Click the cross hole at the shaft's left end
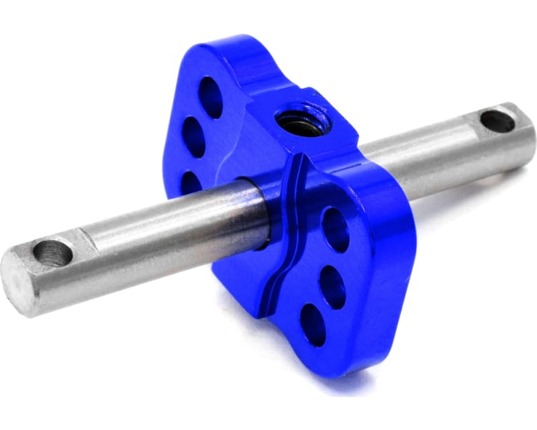click(52, 253)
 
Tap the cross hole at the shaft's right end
click(497, 121)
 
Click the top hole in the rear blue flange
click(211, 96)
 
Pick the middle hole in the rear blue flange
click(194, 136)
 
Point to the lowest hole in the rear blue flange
click(191, 181)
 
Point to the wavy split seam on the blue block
click(285, 235)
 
